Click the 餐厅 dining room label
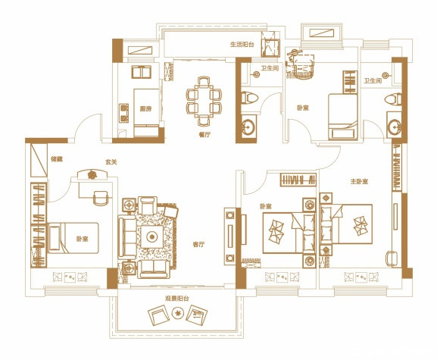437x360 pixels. tap(204, 135)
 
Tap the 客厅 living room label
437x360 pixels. tap(198, 245)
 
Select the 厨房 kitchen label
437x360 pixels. tap(145, 108)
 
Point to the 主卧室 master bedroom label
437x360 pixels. tap(359, 182)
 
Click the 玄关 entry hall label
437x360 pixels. tap(111, 162)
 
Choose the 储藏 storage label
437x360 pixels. tap(57, 159)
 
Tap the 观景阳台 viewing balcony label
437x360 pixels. tap(177, 299)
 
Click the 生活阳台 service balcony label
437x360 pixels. tap(242, 45)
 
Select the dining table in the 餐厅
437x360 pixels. tap(204, 101)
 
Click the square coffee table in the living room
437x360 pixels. tap(152, 236)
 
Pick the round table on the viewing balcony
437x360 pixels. tap(177, 314)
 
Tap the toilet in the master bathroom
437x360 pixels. tap(393, 99)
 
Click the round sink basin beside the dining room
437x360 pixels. tap(248, 127)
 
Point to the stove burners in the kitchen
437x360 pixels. tap(123, 113)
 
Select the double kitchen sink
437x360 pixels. tap(142, 72)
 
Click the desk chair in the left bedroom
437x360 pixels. tap(101, 199)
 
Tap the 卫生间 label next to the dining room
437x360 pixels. tap(270, 68)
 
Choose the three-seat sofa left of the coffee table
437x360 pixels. tap(126, 237)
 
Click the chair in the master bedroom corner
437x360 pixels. tap(391, 258)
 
